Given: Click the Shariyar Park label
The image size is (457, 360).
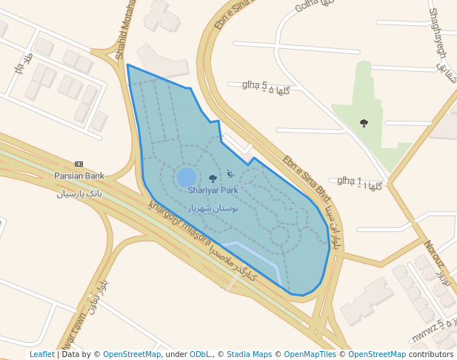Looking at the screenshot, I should [x=213, y=190].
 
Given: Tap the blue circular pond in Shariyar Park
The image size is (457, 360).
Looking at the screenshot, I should [x=187, y=177].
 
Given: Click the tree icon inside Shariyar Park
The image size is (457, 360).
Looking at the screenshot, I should [x=213, y=179].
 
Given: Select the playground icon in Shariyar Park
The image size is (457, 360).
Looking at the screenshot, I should [x=230, y=174].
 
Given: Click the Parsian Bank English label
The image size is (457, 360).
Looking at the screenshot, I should [x=79, y=176].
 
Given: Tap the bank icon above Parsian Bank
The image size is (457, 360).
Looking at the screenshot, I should [x=79, y=164].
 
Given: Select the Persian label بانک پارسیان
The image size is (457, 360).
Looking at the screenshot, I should [x=79, y=194].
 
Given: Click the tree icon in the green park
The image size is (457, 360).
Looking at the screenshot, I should [x=364, y=123].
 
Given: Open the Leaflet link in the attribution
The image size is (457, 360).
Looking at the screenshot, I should [x=41, y=354].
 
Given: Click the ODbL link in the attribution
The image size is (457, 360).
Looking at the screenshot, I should [x=200, y=354].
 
